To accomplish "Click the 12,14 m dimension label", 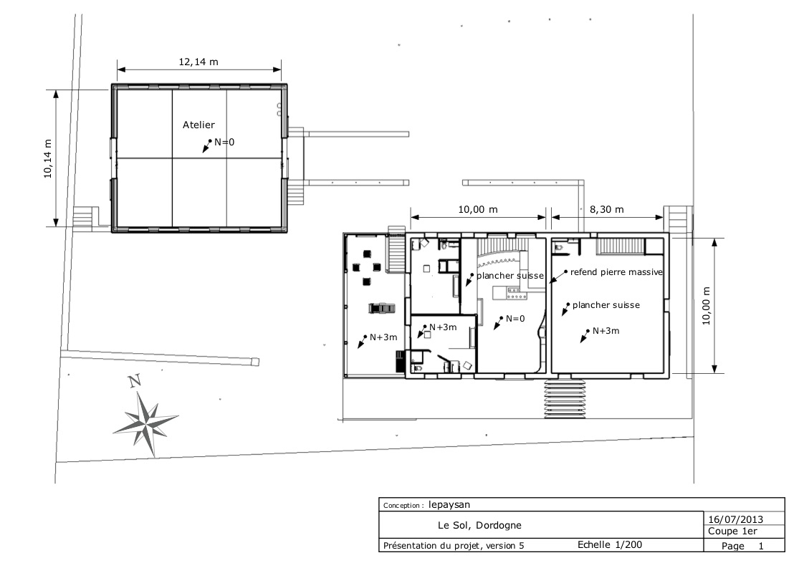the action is [x=198, y=62].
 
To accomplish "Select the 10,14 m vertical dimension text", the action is [x=48, y=158].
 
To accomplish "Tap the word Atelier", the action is [x=198, y=125].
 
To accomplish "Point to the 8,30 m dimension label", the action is [x=607, y=209].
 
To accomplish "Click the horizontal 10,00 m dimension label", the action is [x=478, y=209].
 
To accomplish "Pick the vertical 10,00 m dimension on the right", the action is [x=706, y=306].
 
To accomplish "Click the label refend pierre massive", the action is [x=616, y=272].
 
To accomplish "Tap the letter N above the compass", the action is [x=135, y=381].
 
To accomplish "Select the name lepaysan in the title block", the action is [x=449, y=504].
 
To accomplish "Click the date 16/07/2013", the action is [x=736, y=520].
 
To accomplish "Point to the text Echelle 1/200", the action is [x=610, y=544].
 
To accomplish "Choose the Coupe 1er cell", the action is [x=733, y=531].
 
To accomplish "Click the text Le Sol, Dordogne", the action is [x=479, y=526].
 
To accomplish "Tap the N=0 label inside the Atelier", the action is [x=224, y=142].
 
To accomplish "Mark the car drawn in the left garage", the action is [x=381, y=307].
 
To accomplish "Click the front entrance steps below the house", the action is [x=565, y=398].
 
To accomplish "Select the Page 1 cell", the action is [x=742, y=546].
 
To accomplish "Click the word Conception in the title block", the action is [x=402, y=506].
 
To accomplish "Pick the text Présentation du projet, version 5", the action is [x=454, y=546].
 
